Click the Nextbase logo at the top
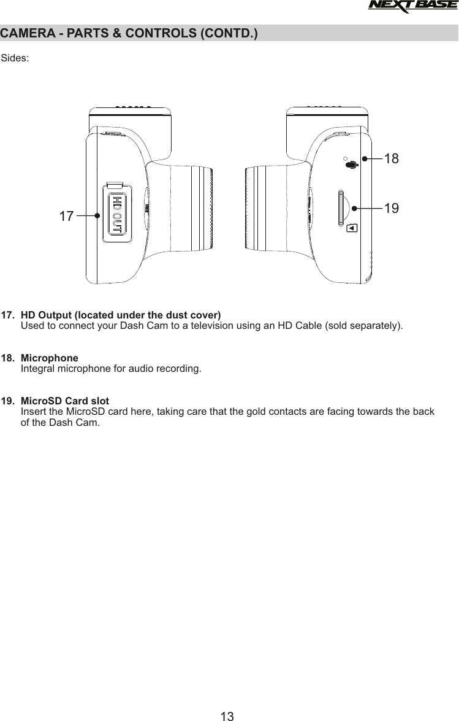(413, 7)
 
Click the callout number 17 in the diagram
(66, 216)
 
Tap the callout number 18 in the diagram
(391, 158)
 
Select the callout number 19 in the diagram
(391, 208)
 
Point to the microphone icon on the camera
(350, 164)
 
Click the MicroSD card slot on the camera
(340, 208)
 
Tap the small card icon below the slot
(351, 228)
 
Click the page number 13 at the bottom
(227, 715)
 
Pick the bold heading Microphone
(50, 358)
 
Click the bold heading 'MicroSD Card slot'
(65, 401)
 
